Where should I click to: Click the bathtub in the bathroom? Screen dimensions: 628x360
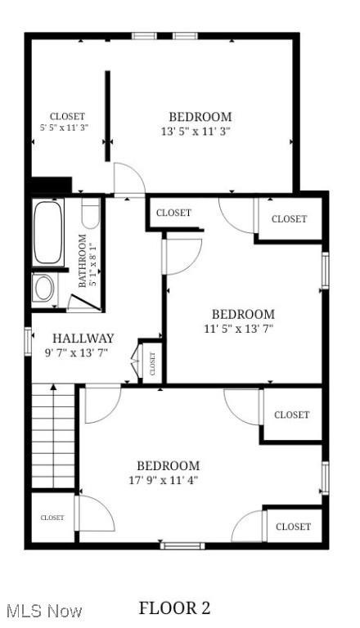pyautogui.click(x=44, y=233)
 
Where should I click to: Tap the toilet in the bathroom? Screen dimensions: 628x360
pyautogui.click(x=90, y=214)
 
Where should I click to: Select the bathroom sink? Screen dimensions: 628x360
pyautogui.click(x=43, y=288)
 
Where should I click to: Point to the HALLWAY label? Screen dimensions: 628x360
pyautogui.click(x=83, y=339)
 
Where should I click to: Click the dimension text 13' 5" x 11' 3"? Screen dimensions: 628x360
pyautogui.click(x=196, y=131)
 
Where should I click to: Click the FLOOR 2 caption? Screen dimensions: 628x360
pyautogui.click(x=174, y=608)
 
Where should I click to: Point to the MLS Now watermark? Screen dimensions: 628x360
pyautogui.click(x=43, y=611)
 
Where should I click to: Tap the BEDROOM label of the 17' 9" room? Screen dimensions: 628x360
pyautogui.click(x=168, y=465)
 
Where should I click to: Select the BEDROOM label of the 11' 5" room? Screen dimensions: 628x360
pyautogui.click(x=243, y=314)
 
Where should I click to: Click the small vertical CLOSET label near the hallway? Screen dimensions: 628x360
pyautogui.click(x=152, y=361)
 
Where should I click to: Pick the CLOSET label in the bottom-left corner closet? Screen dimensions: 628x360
pyautogui.click(x=52, y=518)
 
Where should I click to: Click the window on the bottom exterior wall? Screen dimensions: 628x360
pyautogui.click(x=182, y=545)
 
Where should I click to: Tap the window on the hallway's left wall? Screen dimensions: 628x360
pyautogui.click(x=28, y=340)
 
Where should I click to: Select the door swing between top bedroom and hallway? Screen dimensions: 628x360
pyautogui.click(x=128, y=180)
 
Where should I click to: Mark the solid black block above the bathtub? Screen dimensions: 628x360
pyautogui.click(x=51, y=186)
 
